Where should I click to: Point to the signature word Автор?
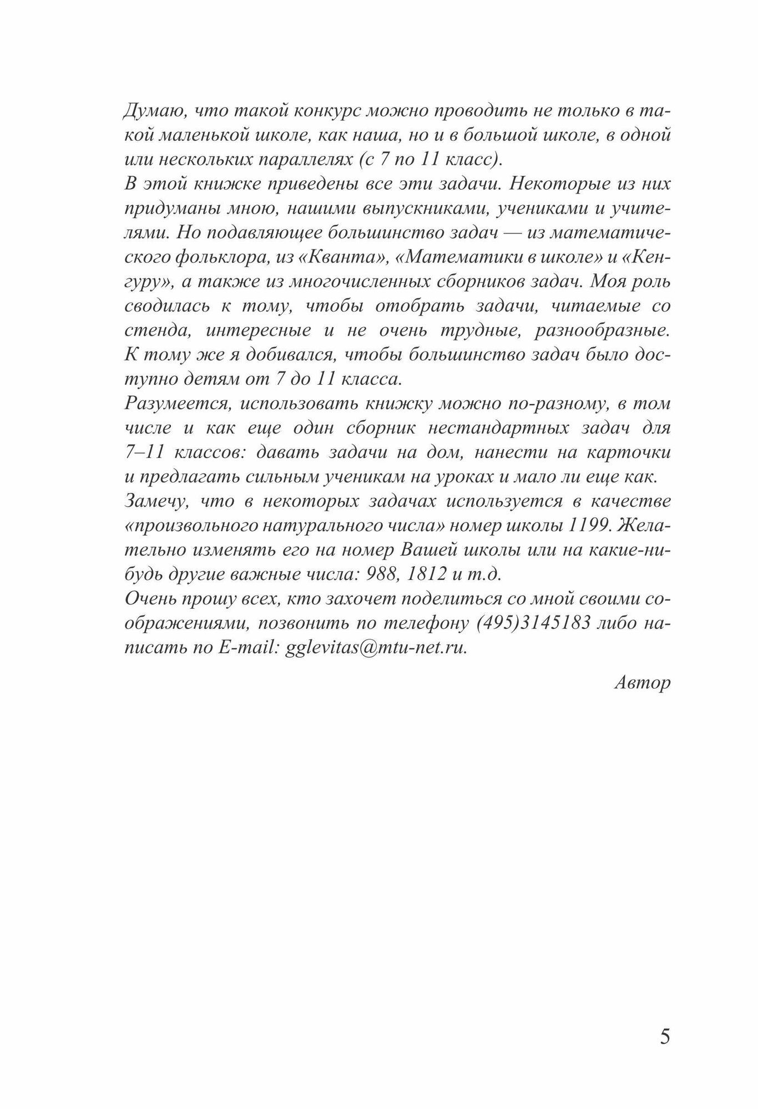pos(643,683)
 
